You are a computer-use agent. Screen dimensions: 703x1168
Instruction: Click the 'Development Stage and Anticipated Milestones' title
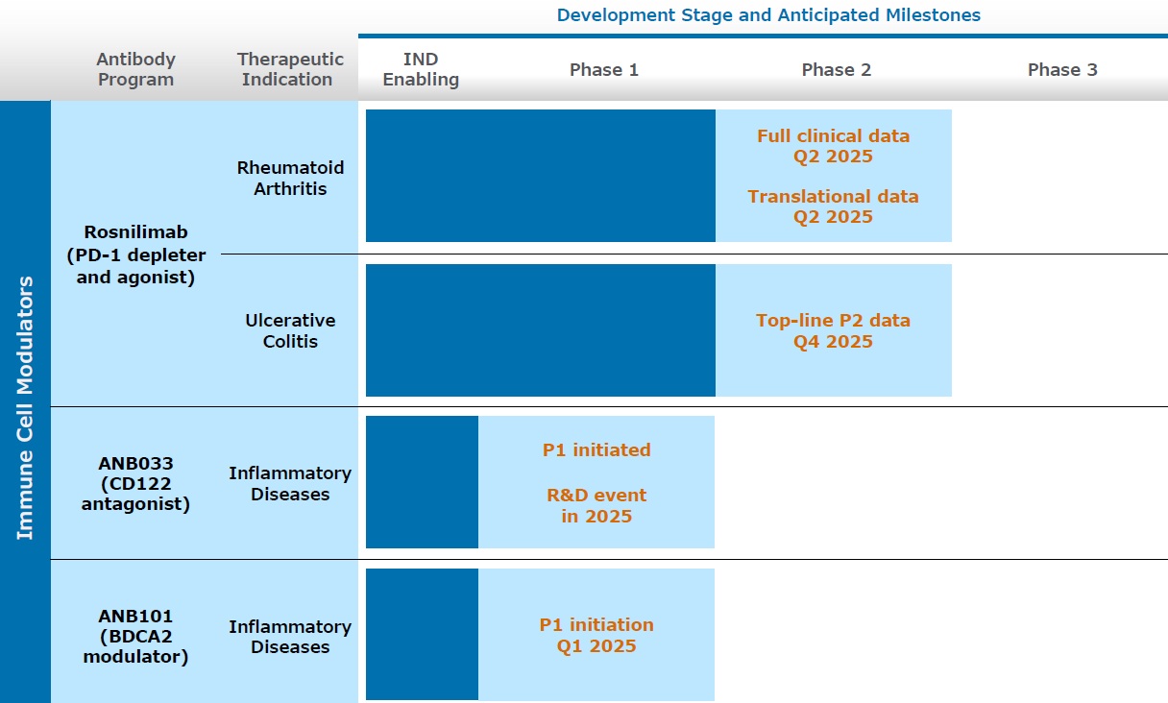(x=767, y=15)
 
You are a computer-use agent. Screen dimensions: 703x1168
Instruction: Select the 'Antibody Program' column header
(x=135, y=70)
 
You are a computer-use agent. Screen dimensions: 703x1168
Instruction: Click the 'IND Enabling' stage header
(x=421, y=70)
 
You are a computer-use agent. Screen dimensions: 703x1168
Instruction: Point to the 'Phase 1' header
(x=603, y=70)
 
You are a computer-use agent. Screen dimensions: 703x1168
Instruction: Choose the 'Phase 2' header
(x=836, y=70)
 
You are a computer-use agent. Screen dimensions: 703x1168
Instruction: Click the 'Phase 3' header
(x=1061, y=70)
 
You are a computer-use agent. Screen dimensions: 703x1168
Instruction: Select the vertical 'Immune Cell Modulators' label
(x=25, y=407)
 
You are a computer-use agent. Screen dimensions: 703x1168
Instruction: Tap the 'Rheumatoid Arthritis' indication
(x=290, y=178)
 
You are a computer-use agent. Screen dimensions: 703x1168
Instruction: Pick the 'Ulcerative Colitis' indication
(x=290, y=330)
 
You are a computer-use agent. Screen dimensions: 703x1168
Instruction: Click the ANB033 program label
(x=135, y=484)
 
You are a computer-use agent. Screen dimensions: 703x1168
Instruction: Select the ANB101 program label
(x=135, y=636)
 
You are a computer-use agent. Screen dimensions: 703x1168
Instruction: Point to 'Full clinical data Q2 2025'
(x=833, y=146)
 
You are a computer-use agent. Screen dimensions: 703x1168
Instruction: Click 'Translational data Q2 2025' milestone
(x=833, y=206)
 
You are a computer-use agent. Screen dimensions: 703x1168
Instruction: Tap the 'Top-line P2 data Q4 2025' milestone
(x=833, y=330)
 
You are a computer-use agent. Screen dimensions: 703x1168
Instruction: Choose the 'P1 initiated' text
(x=596, y=449)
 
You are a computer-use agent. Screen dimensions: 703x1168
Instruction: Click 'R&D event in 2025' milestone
(x=596, y=506)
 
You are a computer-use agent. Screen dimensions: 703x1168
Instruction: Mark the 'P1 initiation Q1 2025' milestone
(x=596, y=635)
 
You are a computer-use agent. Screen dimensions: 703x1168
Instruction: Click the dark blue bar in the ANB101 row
(x=422, y=635)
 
